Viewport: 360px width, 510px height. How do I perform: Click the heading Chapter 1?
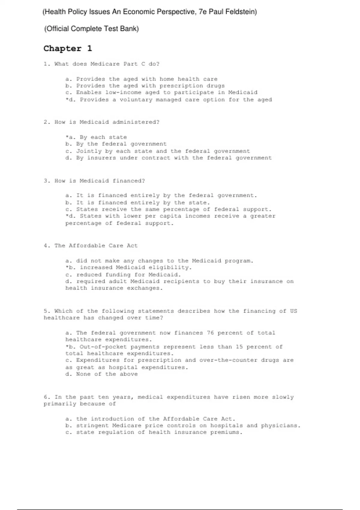[x=68, y=49]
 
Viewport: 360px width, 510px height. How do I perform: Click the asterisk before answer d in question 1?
[x=67, y=99]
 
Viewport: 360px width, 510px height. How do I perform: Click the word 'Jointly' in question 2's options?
[x=87, y=151]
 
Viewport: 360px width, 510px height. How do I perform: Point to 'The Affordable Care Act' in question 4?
[x=96, y=246]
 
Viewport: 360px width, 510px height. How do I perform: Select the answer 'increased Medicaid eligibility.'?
[x=135, y=268]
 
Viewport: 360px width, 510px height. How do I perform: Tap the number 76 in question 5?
[x=210, y=333]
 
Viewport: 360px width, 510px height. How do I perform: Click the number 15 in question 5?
[x=239, y=347]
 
